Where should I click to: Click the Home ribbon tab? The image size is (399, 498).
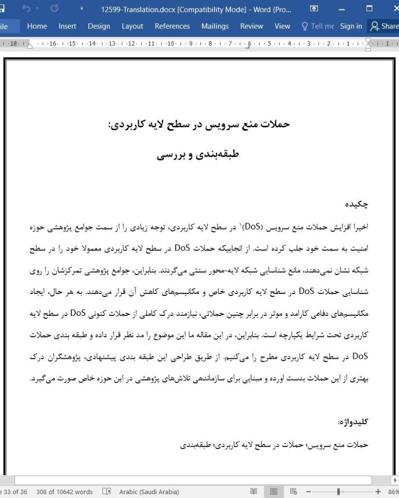point(37,26)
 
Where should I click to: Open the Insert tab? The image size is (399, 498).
point(67,26)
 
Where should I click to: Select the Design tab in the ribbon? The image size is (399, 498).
point(99,26)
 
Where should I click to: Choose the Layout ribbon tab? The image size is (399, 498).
point(132,26)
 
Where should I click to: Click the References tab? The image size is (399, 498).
point(172,26)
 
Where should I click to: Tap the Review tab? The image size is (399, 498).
point(251,26)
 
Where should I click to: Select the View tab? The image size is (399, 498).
point(282,26)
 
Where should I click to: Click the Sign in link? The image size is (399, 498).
point(351,26)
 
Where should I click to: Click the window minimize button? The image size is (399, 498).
point(342,9)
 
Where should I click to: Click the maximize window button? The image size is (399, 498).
point(369,9)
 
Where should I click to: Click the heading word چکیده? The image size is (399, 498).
point(357,204)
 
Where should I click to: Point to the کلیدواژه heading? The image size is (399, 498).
point(353,422)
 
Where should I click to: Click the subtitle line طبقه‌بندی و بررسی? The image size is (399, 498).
point(198,154)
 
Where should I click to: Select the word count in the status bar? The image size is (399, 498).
point(71,492)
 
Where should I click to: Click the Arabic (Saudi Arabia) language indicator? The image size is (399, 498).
point(149,492)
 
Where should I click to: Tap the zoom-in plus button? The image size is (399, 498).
point(378,492)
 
